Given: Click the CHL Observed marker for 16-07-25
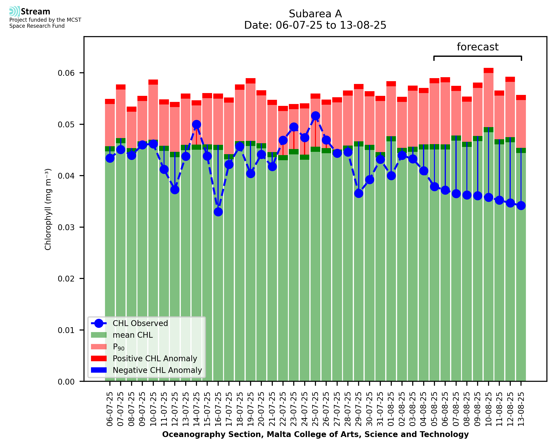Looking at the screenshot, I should pos(218,212).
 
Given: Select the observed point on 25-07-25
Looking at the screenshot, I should pos(315,116).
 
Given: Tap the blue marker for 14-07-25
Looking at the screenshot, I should pos(196,125).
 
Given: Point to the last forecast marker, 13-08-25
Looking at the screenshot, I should pos(521,206).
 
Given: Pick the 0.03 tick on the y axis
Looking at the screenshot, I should pos(66,227).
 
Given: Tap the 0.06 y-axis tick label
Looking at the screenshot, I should pos(66,73).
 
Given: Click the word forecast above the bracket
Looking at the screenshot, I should pos(478,47).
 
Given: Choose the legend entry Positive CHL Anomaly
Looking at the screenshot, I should pos(155,358).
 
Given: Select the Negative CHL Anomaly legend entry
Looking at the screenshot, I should pos(157,370).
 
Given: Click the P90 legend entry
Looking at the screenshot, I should pos(119,347).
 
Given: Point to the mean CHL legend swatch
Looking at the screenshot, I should pos(99,335).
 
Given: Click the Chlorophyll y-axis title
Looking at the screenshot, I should pos(48,209).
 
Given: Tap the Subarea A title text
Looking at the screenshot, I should pos(315,14).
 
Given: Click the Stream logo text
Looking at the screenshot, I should pos(35,12).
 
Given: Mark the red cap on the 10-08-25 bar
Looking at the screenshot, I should pos(488,70).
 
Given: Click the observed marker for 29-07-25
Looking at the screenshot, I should pos(359,193).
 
